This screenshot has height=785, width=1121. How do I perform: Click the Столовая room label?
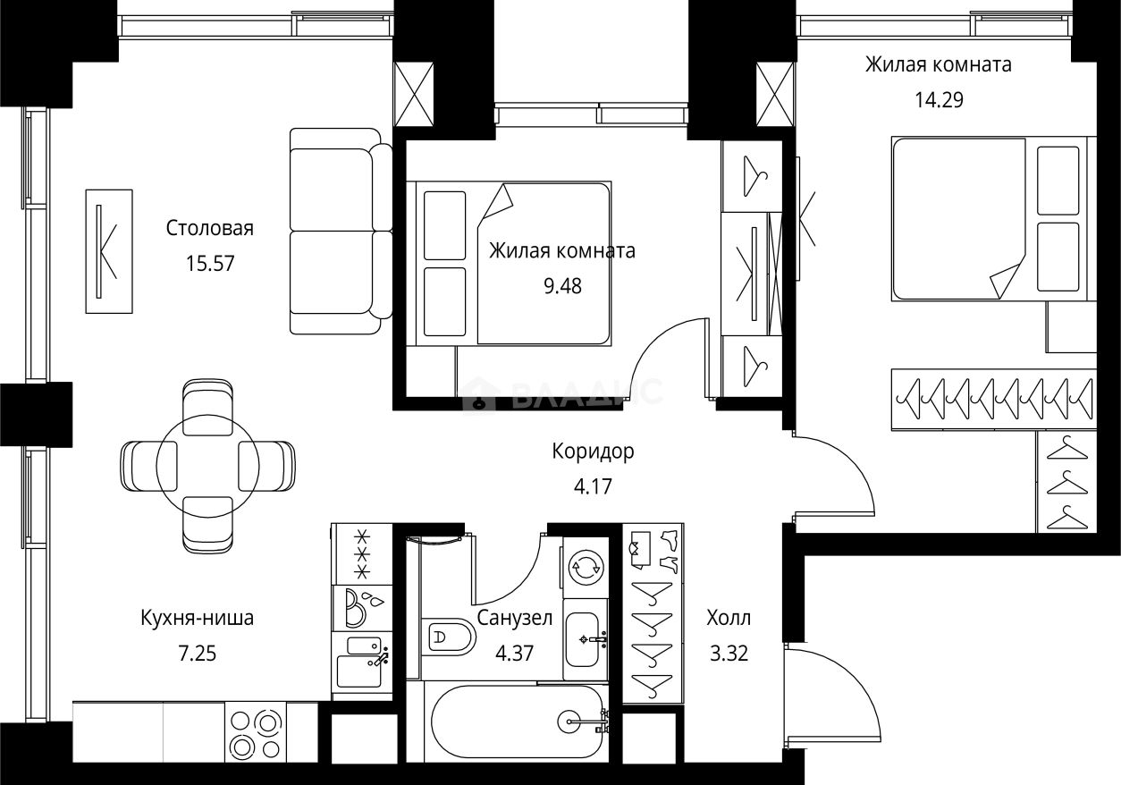pos(209,228)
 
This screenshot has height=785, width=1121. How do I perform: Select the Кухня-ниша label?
pos(197,618)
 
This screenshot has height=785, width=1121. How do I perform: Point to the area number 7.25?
pos(197,654)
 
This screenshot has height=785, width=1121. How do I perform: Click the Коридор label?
pos(593,452)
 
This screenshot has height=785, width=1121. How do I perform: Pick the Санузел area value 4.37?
pos(514,654)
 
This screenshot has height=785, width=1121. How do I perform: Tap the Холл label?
pos(728,618)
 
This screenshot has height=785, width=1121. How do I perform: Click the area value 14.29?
pos(938,100)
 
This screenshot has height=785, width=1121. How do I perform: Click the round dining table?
pos(207,466)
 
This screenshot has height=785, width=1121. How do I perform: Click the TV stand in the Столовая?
pos(108,251)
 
